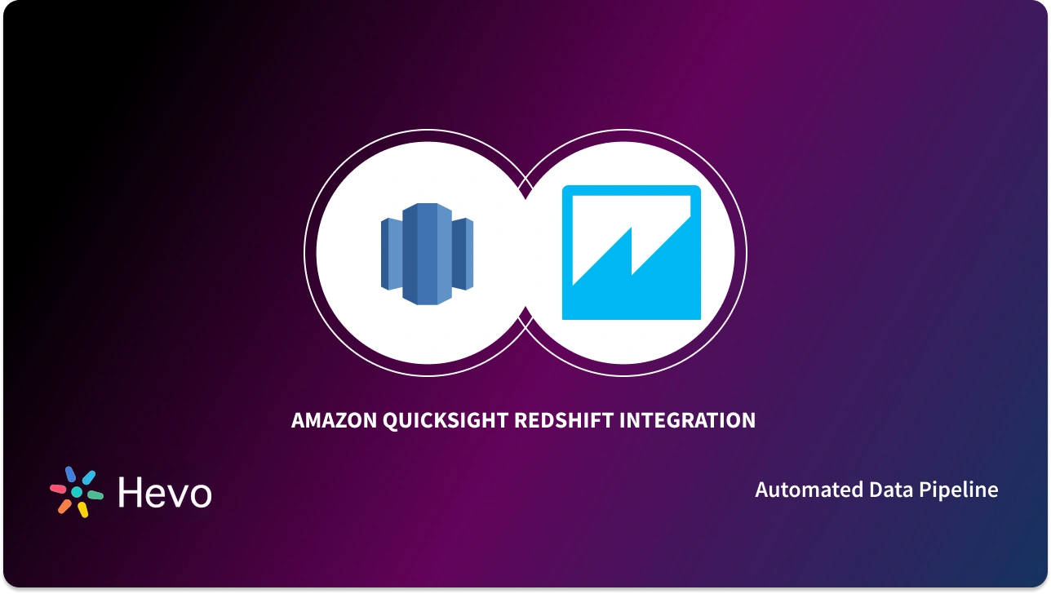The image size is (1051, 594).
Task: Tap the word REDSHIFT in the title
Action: click(563, 421)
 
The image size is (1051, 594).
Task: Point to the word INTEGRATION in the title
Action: click(688, 421)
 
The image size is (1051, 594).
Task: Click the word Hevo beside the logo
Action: click(164, 492)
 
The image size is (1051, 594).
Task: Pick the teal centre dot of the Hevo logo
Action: click(77, 493)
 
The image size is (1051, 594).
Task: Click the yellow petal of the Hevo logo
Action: click(82, 509)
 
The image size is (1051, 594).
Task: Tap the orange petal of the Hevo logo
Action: click(64, 506)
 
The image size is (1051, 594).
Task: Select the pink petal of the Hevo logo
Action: click(59, 490)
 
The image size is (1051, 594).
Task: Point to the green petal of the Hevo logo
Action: click(95, 494)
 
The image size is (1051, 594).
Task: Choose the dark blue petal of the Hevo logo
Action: click(70, 475)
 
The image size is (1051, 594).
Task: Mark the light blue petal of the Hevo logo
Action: click(88, 477)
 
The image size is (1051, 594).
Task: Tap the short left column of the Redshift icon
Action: click(392, 254)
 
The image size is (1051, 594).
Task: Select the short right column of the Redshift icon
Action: click(463, 254)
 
